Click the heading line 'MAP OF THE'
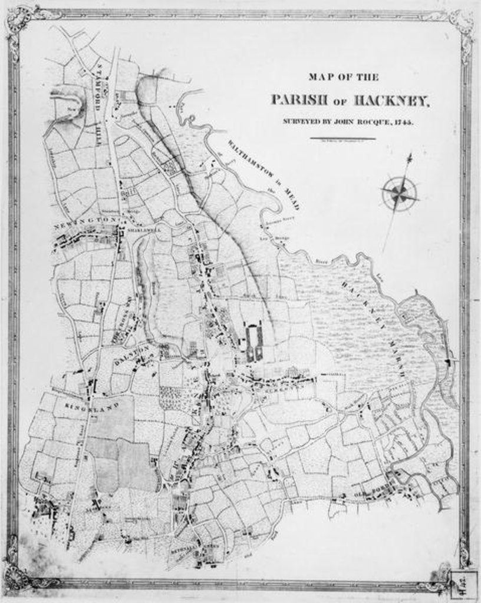point(344,77)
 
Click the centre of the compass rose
point(400,193)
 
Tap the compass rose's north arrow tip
point(408,155)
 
